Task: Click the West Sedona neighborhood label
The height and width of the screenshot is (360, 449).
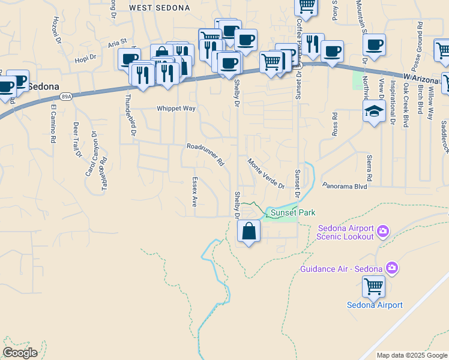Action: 160,8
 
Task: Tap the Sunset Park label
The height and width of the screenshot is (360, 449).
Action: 292,212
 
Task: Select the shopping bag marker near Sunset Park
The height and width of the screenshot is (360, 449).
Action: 249,231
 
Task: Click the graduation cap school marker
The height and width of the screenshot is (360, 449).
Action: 374,111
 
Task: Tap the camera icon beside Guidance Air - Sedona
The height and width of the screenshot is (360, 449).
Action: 392,268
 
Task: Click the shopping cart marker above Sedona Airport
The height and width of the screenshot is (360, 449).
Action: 373,287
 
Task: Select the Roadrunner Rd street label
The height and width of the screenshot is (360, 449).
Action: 205,154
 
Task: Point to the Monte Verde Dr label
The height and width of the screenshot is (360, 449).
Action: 266,173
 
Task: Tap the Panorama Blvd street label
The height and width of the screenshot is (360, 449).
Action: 344,186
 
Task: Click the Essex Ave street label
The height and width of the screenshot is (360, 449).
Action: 194,191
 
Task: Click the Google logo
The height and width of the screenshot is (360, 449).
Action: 20,353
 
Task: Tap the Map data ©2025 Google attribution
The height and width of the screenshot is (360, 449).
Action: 411,355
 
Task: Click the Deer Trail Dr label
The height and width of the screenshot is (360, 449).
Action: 76,140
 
